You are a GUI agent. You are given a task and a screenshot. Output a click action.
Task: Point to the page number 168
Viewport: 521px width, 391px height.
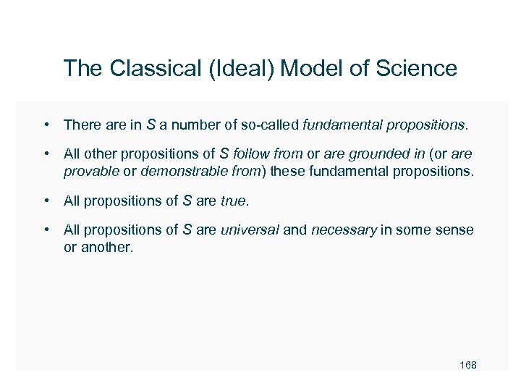point(468,365)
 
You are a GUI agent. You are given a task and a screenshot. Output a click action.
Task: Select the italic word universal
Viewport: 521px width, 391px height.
point(250,230)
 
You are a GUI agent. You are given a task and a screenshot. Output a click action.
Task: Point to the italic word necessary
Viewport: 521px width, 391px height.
point(344,230)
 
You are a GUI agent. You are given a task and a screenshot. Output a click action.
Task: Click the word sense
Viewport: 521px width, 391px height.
point(457,230)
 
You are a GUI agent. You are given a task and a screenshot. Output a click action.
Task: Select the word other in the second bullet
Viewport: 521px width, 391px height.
point(98,155)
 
